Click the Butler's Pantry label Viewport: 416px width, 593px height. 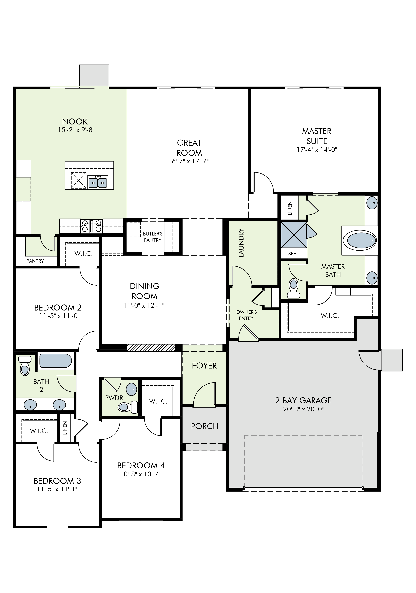[x=153, y=237]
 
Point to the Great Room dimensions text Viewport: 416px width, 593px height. [x=189, y=161]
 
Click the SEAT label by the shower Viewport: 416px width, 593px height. [x=294, y=254]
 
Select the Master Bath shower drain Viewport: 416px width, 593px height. [x=294, y=234]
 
